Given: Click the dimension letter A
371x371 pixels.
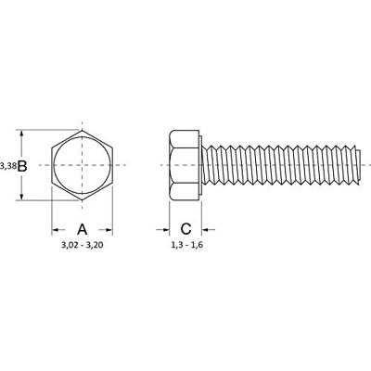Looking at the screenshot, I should point(82,229).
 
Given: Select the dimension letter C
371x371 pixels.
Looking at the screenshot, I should point(185,229).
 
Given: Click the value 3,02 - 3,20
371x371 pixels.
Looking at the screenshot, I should point(82,249).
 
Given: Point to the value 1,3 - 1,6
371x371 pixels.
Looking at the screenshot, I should point(186,249).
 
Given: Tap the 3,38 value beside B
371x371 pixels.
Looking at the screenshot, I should point(8,165).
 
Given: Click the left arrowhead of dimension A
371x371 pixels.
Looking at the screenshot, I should point(53,229).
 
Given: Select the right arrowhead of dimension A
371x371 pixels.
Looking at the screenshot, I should point(110,229).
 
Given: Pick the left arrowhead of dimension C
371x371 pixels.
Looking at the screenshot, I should point(171,229).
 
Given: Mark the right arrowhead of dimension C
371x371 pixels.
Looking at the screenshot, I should point(200,229).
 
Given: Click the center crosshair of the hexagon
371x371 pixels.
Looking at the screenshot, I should point(82,165).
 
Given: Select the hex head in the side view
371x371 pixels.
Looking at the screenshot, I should point(182,165).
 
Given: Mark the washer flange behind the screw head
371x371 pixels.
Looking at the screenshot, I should point(197,165).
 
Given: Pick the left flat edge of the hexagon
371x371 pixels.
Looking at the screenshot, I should point(52,165).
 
